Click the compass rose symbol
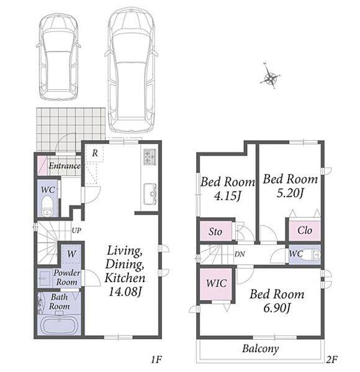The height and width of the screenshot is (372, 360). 270,77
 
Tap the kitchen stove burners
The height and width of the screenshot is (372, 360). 150,157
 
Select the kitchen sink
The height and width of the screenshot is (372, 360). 150,194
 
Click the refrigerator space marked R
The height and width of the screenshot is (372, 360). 94,153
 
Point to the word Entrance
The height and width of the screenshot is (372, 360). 65,166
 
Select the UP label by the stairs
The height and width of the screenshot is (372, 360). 76,231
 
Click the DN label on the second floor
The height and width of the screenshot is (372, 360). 240,254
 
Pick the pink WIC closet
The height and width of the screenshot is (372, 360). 216,284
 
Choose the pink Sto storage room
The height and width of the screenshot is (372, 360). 215,231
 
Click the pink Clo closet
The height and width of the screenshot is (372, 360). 304,231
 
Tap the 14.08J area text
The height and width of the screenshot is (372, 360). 125,291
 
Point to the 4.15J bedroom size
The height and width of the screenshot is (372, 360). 228,196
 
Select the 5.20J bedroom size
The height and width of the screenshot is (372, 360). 290,193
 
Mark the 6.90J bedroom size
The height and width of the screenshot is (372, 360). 277,308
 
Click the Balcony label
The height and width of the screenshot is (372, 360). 260,348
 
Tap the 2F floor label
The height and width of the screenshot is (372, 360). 331,360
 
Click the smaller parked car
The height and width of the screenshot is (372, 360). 58,56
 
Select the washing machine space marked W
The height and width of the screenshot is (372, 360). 71,254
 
